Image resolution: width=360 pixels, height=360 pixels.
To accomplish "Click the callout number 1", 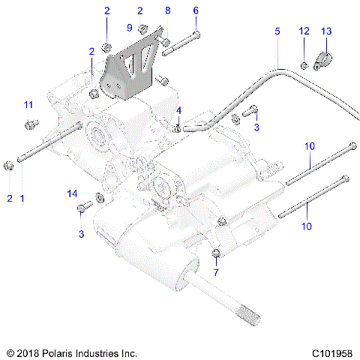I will [x=22, y=198].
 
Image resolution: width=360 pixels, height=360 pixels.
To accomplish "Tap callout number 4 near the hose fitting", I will [x=178, y=111].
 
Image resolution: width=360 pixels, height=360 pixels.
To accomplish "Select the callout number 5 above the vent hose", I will [x=277, y=31].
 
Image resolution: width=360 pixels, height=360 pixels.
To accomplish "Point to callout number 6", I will [x=196, y=10].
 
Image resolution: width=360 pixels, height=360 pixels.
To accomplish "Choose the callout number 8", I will [x=168, y=10].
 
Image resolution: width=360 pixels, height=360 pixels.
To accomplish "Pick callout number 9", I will [x=129, y=28].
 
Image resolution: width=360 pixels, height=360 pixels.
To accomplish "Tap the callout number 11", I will [x=28, y=103].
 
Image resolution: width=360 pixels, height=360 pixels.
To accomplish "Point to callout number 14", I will [x=73, y=193].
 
